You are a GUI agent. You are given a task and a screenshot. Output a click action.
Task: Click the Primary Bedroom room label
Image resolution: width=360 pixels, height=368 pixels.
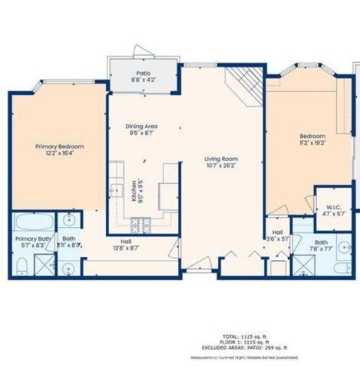[59, 146]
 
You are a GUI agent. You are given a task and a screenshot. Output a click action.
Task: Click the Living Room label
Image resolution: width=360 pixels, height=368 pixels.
[219, 159]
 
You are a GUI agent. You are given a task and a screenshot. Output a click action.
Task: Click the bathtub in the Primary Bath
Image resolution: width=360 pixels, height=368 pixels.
[34, 223]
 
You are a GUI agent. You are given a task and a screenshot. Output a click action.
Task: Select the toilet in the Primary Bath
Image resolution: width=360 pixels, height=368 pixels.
[22, 266]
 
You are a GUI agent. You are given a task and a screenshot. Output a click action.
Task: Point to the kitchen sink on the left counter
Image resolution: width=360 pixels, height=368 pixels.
[116, 190]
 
